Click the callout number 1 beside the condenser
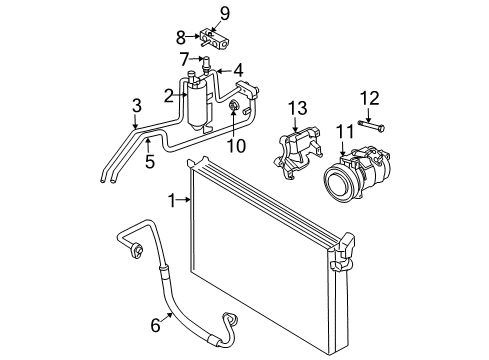(x=172, y=200)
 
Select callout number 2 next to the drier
(x=171, y=95)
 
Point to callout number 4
(x=238, y=70)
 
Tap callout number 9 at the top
(x=225, y=13)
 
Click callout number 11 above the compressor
(x=343, y=131)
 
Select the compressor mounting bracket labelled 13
(x=292, y=153)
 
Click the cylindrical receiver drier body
(x=198, y=104)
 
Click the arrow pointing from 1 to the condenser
(x=185, y=200)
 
